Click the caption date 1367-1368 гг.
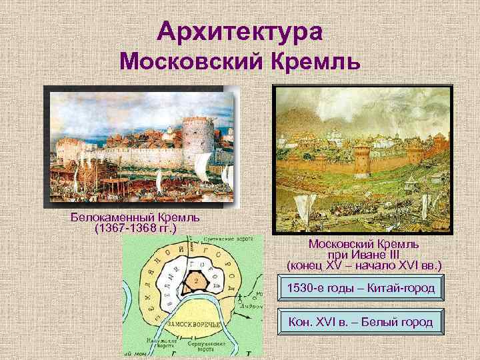click(x=135, y=229)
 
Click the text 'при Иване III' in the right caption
click(x=363, y=255)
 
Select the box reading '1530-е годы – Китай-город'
click(x=360, y=289)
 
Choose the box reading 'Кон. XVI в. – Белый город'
click(x=360, y=323)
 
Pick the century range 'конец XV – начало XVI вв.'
click(x=364, y=265)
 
